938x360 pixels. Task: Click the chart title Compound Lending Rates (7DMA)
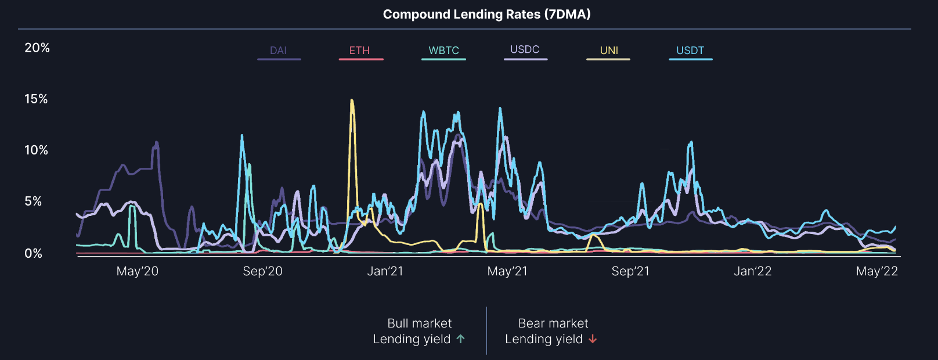point(486,15)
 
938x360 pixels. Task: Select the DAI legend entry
point(279,51)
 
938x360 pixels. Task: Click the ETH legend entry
point(359,51)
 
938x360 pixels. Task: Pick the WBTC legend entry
point(443,51)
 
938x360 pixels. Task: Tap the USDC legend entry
point(525,49)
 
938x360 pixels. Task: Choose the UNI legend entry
point(609,51)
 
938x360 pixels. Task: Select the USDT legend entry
point(690,51)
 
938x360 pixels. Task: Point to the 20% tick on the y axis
point(37,48)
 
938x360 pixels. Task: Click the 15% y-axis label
point(36,99)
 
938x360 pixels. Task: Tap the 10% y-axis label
point(36,150)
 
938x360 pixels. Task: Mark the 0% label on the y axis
point(33,253)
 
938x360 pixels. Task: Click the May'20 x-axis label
point(137,271)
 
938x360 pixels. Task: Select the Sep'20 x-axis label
point(262,271)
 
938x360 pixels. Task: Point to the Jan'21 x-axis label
point(385,271)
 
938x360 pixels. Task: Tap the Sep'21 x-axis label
point(630,271)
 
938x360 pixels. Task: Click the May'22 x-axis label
point(876,271)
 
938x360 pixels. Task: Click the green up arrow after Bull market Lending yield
point(460,339)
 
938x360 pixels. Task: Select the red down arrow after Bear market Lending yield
point(593,339)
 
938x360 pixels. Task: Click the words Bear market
point(553,323)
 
